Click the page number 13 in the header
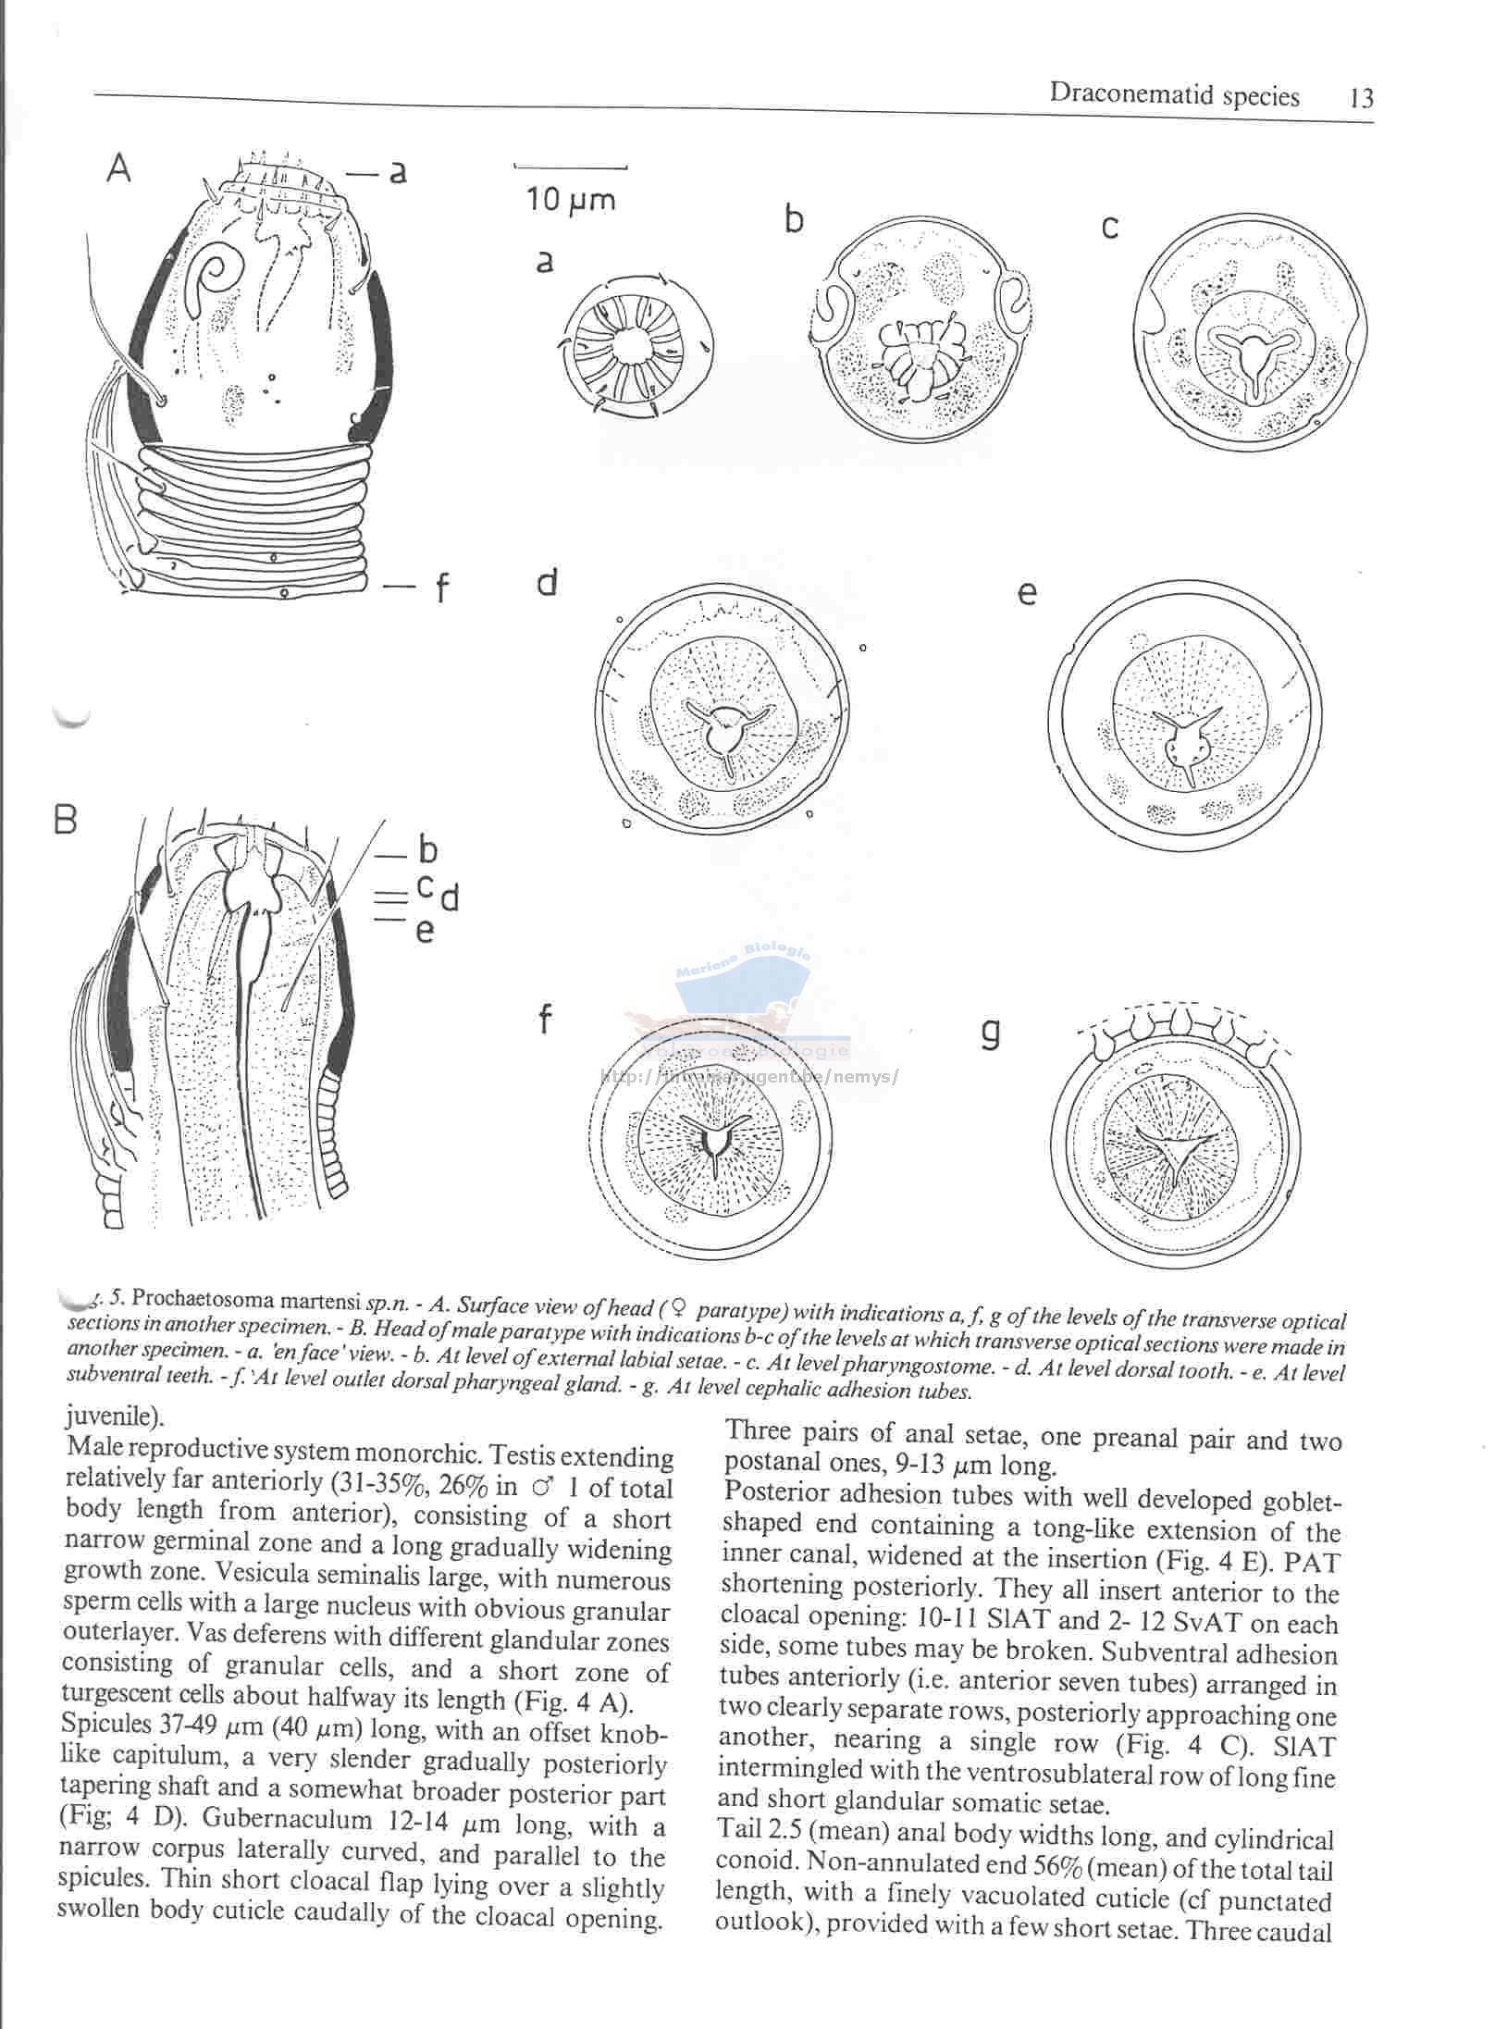tap(1361, 98)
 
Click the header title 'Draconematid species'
tap(1174, 95)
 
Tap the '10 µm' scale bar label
tap(571, 199)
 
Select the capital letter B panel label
tap(65, 820)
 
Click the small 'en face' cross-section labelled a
tap(635, 347)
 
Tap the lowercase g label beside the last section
tap(990, 1033)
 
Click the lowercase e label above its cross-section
tap(1026, 592)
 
